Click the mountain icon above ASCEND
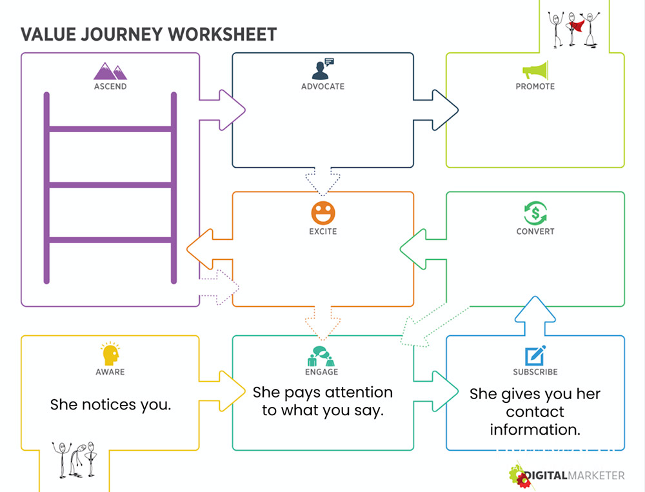click(x=110, y=70)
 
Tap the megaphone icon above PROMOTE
click(x=535, y=70)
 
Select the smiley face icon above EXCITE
click(x=322, y=213)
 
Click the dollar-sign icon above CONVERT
click(x=535, y=213)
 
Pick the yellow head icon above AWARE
click(x=110, y=354)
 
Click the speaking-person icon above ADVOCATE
click(x=322, y=68)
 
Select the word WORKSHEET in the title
click(x=223, y=34)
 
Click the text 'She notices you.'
click(x=110, y=405)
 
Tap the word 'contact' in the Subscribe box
click(x=535, y=412)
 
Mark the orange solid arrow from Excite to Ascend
click(x=210, y=249)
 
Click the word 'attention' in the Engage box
click(x=357, y=393)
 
